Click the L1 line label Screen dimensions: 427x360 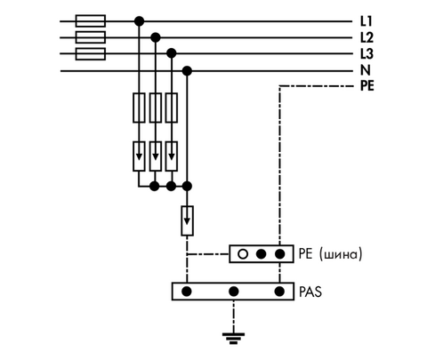[x=366, y=21]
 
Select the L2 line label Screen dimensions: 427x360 [x=367, y=37]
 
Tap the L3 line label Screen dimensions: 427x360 [x=367, y=54]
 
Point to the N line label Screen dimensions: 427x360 [x=366, y=70]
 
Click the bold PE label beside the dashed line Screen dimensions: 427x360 [x=367, y=86]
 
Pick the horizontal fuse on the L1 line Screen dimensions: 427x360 [x=91, y=21]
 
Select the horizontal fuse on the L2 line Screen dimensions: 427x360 [x=91, y=37]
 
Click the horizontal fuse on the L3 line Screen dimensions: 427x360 [x=91, y=54]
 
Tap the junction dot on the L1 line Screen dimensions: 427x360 [x=139, y=21]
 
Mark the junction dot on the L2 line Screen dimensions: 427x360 [x=156, y=37]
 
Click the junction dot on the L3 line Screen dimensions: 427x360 [x=172, y=53]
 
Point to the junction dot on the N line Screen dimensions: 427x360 [x=187, y=71]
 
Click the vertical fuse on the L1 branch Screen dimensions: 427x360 [x=139, y=108]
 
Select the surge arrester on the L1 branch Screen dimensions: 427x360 [x=139, y=156]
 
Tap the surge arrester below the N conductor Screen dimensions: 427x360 [x=187, y=220]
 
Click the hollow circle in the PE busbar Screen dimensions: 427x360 [x=243, y=254]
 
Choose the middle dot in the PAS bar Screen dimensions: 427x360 [x=234, y=292]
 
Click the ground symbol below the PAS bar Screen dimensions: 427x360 [x=233, y=338]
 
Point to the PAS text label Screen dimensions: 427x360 [x=310, y=292]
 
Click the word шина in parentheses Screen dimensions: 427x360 [x=341, y=254]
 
